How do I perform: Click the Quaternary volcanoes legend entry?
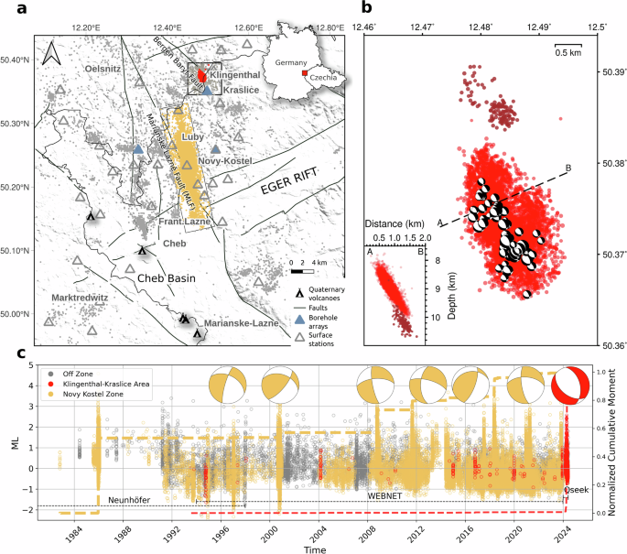(320, 294)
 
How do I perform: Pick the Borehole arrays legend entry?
(317, 322)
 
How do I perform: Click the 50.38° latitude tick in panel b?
(610, 163)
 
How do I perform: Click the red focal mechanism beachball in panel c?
(573, 385)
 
